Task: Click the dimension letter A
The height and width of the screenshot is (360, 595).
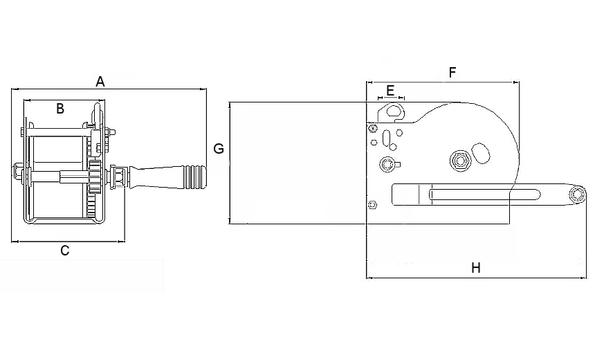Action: point(100,82)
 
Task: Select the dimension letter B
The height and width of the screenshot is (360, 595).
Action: point(60,109)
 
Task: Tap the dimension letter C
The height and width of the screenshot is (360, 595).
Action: point(65,251)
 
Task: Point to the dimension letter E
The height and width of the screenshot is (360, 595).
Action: point(390,91)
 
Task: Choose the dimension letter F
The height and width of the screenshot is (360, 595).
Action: point(452,73)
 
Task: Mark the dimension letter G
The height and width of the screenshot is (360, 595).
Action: point(219,148)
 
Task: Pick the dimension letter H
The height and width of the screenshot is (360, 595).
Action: point(476,268)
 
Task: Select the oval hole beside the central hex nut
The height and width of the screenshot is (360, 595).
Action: point(481,153)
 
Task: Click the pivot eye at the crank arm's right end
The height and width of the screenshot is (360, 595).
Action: point(577,195)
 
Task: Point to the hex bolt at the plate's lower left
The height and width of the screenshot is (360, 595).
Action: point(373,205)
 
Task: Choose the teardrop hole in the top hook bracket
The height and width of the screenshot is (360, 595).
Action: point(394,111)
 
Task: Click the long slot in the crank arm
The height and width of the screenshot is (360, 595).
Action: point(484,195)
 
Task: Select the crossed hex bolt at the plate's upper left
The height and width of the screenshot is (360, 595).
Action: point(373,128)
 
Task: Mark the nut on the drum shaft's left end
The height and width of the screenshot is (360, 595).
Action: point(17,172)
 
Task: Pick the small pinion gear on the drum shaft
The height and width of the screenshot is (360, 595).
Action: point(95,174)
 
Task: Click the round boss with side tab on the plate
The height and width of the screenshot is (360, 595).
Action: point(389,165)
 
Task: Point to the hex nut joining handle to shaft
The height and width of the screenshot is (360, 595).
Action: point(118,176)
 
